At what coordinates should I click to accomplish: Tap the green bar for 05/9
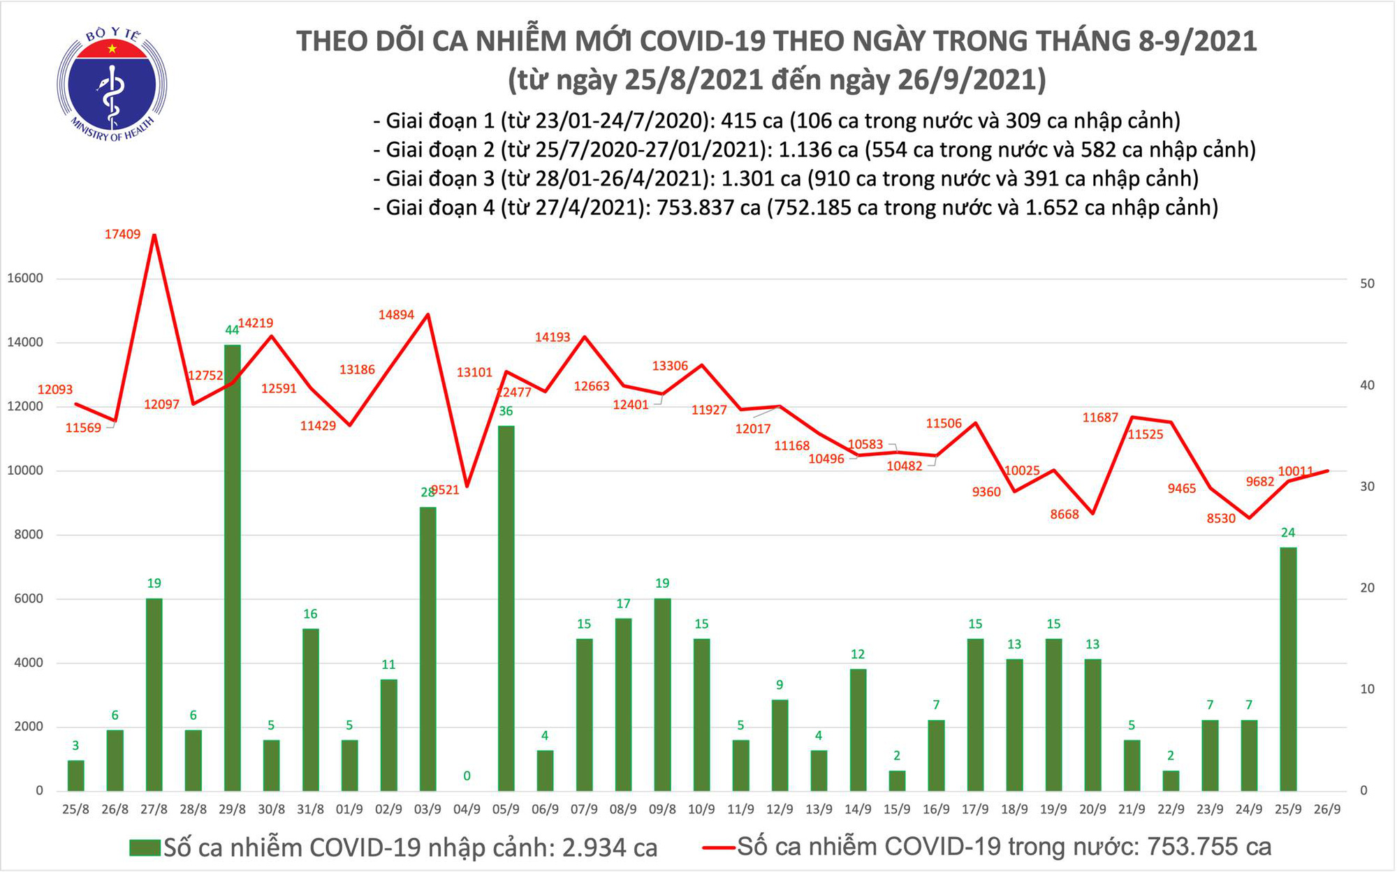pos(506,607)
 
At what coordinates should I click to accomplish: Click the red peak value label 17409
pos(122,235)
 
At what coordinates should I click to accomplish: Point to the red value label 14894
pos(396,315)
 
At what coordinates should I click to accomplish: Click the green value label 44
pos(232,330)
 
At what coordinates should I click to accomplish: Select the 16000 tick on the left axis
pos(25,279)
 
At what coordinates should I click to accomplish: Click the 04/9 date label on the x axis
pos(467,810)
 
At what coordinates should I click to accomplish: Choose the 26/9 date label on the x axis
pos(1327,810)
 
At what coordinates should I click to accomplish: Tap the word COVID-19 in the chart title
pos(706,42)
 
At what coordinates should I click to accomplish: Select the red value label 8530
pos(1221,519)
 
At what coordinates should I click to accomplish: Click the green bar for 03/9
pos(427,649)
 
